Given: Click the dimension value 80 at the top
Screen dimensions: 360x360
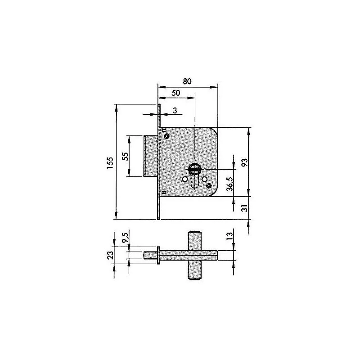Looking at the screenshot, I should (x=187, y=81).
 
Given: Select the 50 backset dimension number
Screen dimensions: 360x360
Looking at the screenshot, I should (x=175, y=93).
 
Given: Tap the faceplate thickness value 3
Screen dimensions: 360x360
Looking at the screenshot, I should (x=174, y=111).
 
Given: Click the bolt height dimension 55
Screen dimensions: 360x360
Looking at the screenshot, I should (x=126, y=156).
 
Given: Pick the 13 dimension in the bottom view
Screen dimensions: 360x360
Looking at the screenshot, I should (x=229, y=238).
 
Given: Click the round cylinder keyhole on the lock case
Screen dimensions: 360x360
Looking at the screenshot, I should (x=194, y=169).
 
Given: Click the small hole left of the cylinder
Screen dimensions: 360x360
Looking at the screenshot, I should (x=184, y=179).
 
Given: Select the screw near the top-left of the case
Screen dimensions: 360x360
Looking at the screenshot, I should (x=167, y=135).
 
